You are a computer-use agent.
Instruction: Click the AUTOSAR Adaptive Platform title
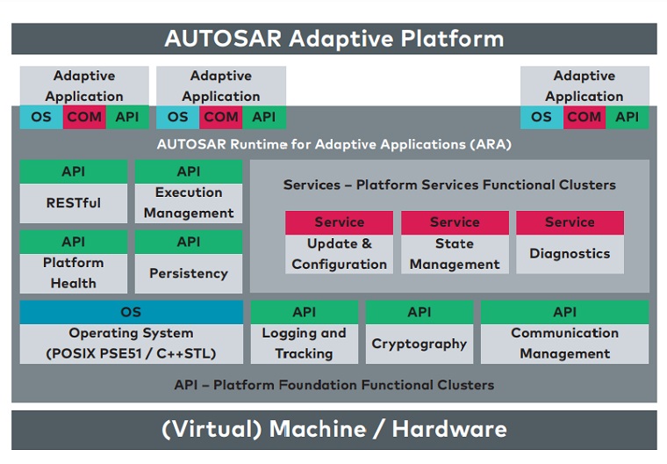pyautogui.click(x=333, y=39)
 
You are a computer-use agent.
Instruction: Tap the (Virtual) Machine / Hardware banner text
pyautogui.click(x=333, y=430)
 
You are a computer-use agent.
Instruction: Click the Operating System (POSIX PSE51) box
pyautogui.click(x=132, y=344)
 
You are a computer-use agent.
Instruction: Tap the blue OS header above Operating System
pyautogui.click(x=132, y=312)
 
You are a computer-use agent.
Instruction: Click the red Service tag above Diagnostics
pyautogui.click(x=570, y=222)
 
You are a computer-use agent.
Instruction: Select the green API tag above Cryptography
pyautogui.click(x=420, y=312)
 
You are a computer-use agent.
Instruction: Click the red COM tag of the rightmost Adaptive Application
pyautogui.click(x=585, y=117)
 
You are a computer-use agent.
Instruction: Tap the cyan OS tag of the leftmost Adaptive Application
pyautogui.click(x=41, y=117)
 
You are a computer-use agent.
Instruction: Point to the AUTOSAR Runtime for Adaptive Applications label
pyautogui.click(x=333, y=144)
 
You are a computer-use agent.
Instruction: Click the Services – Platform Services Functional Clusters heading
pyautogui.click(x=449, y=185)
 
